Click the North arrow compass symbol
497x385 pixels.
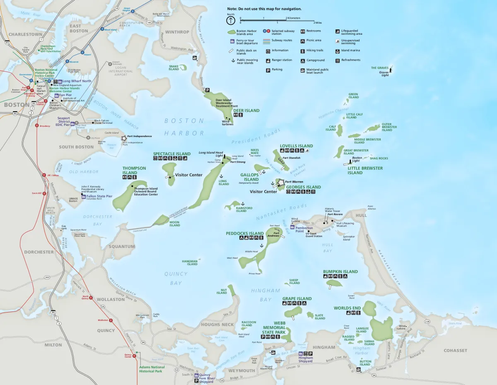coord(230,20)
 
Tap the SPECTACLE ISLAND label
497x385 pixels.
coord(172,154)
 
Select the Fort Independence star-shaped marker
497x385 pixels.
coord(123,138)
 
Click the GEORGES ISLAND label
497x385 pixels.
coord(304,187)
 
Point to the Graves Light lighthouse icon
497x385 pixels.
coord(390,68)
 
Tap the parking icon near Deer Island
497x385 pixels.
coord(207,90)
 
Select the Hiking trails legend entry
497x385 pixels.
coord(314,51)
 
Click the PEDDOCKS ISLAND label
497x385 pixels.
coord(245,233)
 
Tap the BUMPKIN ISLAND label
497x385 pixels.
coord(340,272)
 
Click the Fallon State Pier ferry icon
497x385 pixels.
coord(83,197)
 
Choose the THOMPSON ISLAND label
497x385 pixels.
coord(134,171)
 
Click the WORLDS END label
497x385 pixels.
coord(347,308)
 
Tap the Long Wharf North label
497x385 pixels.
coord(77,81)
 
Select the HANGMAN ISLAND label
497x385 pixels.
coord(190,263)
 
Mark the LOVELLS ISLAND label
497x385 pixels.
coord(296,146)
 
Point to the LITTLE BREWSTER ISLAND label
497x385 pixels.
coord(365,171)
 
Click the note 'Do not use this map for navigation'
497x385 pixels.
coord(264,9)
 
